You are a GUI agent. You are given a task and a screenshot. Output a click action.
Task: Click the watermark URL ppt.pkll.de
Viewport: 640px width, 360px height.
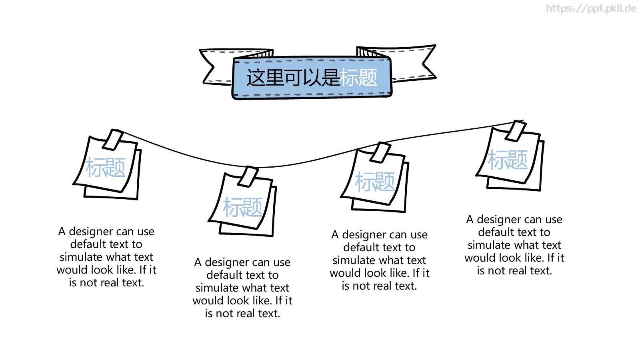pyautogui.click(x=591, y=8)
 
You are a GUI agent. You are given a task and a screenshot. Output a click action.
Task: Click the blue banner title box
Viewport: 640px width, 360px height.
pyautogui.click(x=312, y=78)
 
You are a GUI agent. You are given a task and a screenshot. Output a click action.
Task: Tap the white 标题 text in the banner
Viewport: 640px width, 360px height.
pyautogui.click(x=359, y=78)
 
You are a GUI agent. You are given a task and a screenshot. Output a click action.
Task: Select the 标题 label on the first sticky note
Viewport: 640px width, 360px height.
pyautogui.click(x=106, y=168)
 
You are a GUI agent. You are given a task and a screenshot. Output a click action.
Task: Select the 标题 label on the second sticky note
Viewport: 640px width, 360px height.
pyautogui.click(x=242, y=207)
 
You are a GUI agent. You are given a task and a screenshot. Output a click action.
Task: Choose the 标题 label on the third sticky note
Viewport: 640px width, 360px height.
pyautogui.click(x=375, y=182)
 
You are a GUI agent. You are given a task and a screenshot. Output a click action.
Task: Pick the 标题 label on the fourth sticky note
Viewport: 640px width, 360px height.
pyautogui.click(x=508, y=160)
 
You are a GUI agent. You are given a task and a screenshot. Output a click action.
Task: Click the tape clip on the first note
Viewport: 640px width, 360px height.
pyautogui.click(x=112, y=140)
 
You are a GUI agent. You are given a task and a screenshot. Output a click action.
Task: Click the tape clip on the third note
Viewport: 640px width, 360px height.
pyautogui.click(x=381, y=152)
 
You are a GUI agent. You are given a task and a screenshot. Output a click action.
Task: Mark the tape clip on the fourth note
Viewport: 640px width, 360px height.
pyautogui.click(x=516, y=131)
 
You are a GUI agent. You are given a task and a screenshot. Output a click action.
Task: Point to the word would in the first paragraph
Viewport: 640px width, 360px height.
pyautogui.click(x=72, y=270)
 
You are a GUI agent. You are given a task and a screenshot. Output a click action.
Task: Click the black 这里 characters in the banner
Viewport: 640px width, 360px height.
pyautogui.click(x=265, y=78)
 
